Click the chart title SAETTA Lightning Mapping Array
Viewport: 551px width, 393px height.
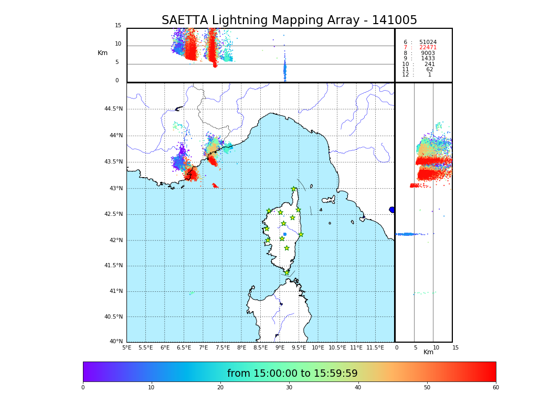click(x=289, y=20)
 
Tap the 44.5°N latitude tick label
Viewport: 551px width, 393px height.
click(x=113, y=109)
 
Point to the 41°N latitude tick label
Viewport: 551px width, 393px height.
click(x=115, y=291)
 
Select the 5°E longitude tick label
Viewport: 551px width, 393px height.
click(x=126, y=347)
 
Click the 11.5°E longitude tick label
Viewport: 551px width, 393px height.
click(x=375, y=347)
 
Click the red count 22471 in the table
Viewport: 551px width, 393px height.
click(x=428, y=48)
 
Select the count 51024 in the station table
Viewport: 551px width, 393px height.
click(x=428, y=42)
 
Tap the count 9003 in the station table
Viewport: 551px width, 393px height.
click(x=428, y=53)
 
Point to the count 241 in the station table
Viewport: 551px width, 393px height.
click(x=430, y=64)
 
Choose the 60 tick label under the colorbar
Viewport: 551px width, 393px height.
click(x=495, y=388)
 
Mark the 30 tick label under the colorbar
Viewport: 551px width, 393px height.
click(x=289, y=388)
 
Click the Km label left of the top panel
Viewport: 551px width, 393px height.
click(x=102, y=53)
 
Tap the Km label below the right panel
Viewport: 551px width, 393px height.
click(x=428, y=352)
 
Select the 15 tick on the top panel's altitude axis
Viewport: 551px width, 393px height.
click(x=118, y=26)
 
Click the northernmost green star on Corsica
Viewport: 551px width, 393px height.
click(x=294, y=189)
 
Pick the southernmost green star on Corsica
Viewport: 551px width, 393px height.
click(x=287, y=272)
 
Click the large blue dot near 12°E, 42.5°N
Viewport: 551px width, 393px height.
click(x=392, y=210)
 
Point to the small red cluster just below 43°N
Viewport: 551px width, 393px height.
click(x=215, y=185)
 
